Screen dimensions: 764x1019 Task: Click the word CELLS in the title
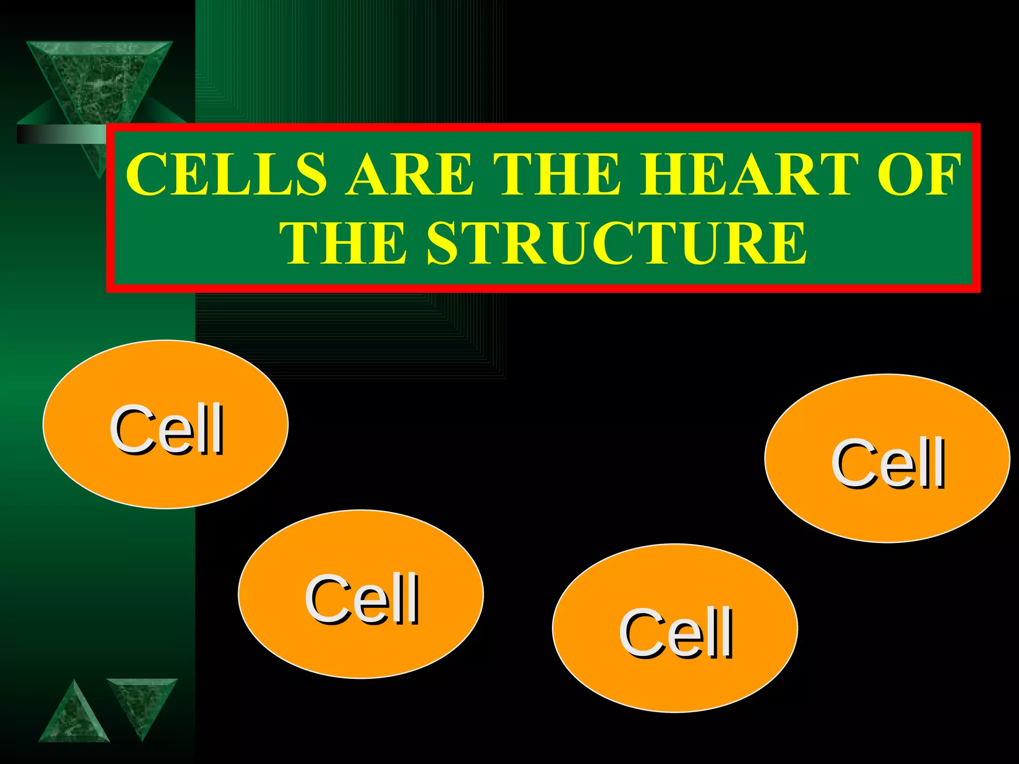pos(226,174)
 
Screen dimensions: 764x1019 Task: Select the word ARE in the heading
pos(409,174)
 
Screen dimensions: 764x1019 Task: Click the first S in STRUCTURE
pos(444,244)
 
